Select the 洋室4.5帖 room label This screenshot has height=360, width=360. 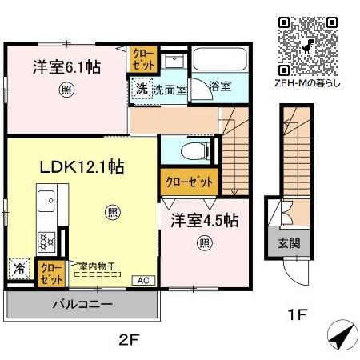pos(204,219)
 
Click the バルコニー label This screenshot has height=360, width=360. pos(83,304)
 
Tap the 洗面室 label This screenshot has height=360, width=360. pos(170,89)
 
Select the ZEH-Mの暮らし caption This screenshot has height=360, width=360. pos(307,82)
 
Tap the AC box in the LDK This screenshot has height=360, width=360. pos(142,280)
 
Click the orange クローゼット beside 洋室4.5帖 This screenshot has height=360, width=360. pos(186,182)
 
